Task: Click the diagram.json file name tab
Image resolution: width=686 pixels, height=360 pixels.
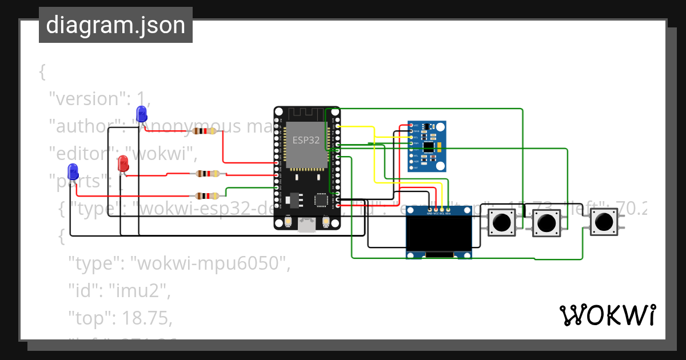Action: coord(115,25)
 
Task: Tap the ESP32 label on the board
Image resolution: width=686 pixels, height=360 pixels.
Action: coord(306,140)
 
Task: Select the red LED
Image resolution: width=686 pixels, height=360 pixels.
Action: coord(123,165)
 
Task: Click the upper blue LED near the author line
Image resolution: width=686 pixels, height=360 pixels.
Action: coord(141,113)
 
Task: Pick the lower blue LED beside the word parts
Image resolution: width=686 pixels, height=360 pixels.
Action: coord(73,170)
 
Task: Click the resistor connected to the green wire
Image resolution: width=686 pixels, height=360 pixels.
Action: coord(206,196)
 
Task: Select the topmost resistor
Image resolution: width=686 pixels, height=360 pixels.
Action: coord(205,131)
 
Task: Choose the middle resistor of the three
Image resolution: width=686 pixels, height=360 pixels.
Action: coord(206,174)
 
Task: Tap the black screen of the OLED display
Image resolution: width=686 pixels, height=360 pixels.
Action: coord(439,234)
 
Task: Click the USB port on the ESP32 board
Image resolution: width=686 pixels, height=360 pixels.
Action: coord(307,225)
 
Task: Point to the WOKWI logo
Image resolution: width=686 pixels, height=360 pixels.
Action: coord(607,315)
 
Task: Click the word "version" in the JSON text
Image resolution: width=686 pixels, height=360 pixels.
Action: coord(86,98)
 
